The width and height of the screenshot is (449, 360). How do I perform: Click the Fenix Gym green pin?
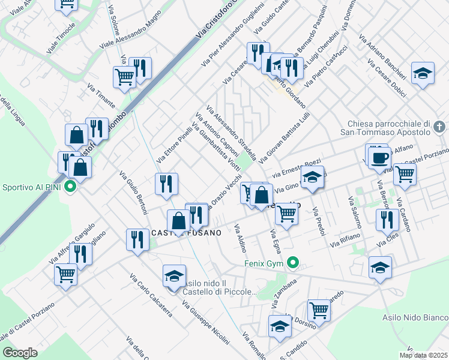[293, 262]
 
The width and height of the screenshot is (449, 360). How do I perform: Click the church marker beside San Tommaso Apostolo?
[439, 127]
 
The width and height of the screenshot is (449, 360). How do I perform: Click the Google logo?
[20, 353]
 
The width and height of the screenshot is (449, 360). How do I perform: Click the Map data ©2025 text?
[423, 355]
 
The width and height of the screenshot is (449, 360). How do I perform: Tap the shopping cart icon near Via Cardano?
[405, 173]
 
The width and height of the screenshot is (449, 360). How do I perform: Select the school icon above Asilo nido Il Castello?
[173, 275]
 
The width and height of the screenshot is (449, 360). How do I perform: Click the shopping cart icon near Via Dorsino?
[319, 310]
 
